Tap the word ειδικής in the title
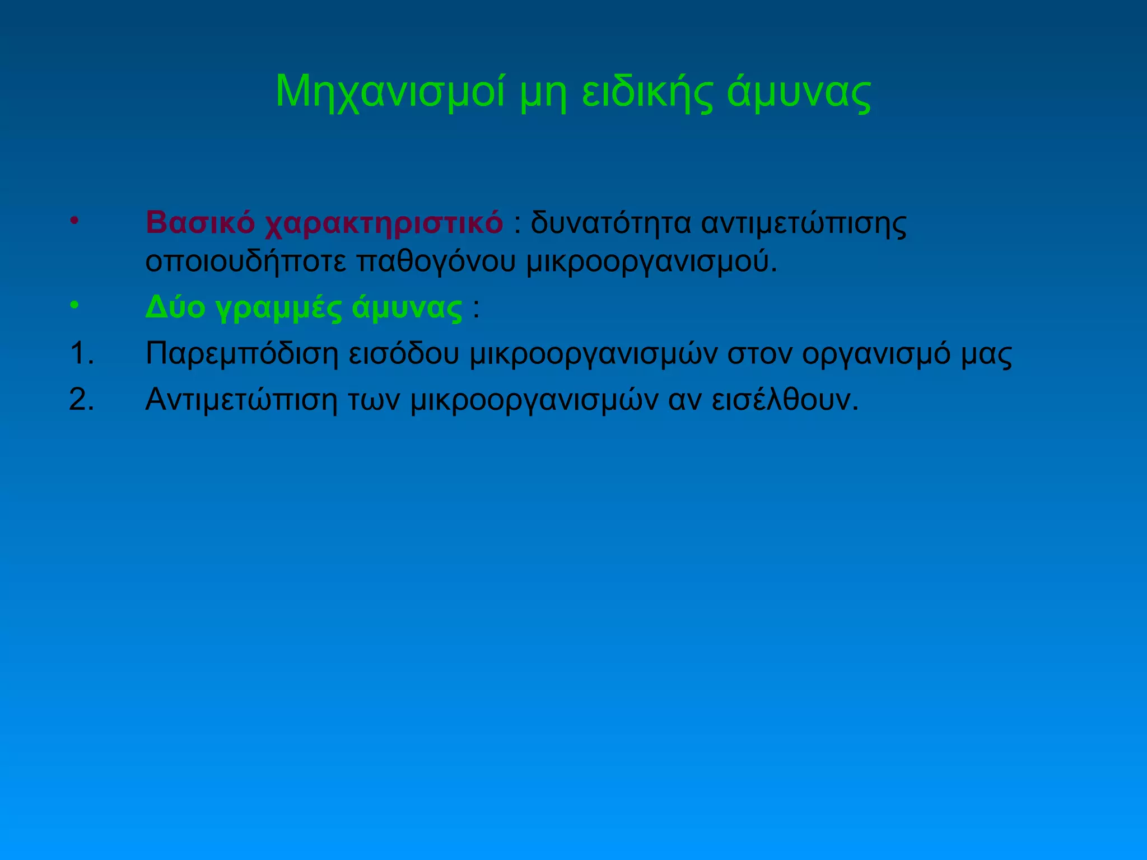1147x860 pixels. (x=647, y=92)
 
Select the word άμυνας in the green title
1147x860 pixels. (x=799, y=92)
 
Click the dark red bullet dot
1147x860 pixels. (x=73, y=220)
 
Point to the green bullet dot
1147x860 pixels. (x=73, y=305)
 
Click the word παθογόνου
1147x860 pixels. (x=436, y=262)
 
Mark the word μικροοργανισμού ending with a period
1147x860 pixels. (x=652, y=262)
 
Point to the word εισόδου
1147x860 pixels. (x=404, y=353)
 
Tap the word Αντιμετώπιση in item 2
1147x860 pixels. (x=241, y=400)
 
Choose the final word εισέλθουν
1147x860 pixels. (x=785, y=400)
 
